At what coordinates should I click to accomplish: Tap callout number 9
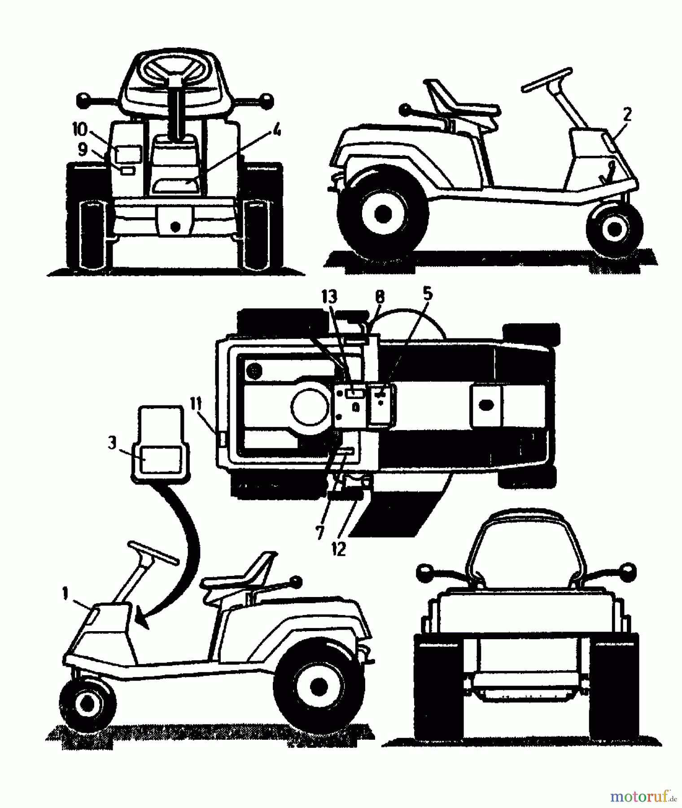pos(83,149)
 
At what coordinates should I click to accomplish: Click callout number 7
pos(319,531)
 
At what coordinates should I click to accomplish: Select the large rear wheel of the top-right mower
pos(382,213)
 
